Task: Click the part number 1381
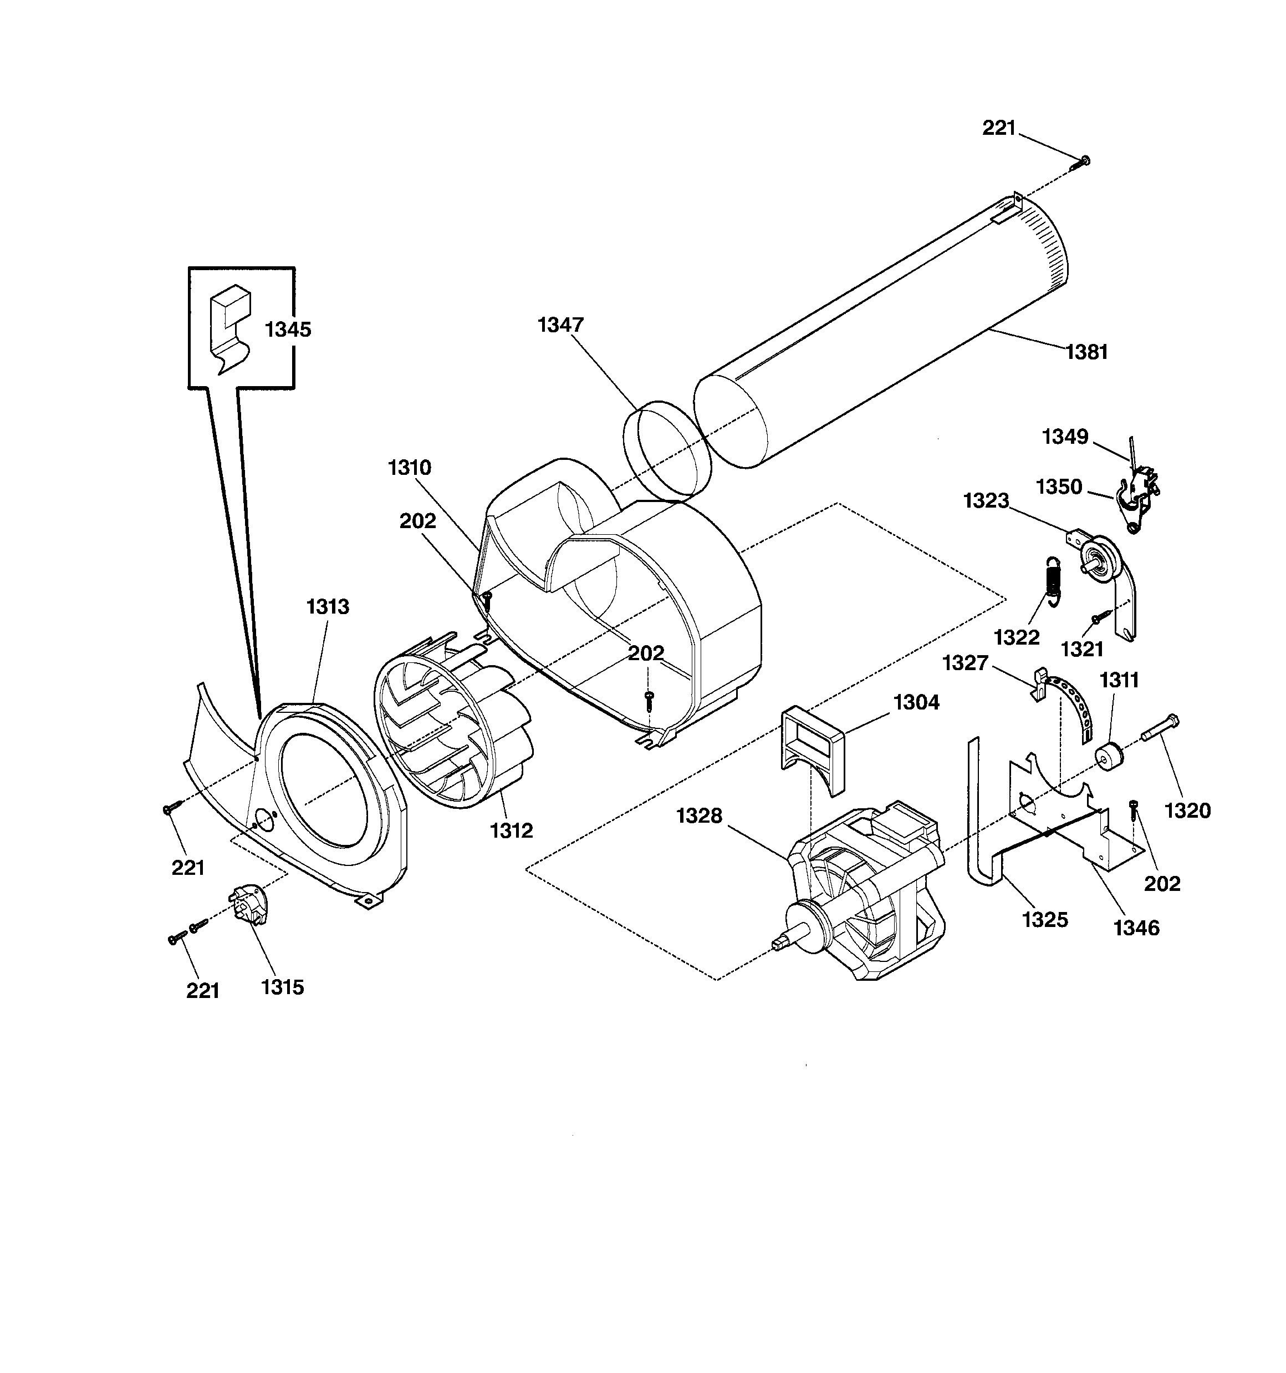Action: pyautogui.click(x=1086, y=353)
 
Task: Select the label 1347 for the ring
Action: pyautogui.click(x=560, y=325)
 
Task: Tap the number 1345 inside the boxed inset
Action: pyautogui.click(x=288, y=330)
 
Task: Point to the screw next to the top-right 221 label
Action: pyautogui.click(x=1080, y=163)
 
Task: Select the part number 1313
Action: pyautogui.click(x=327, y=607)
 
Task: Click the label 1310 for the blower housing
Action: pyautogui.click(x=409, y=468)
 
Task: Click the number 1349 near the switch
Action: pyautogui.click(x=1064, y=437)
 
